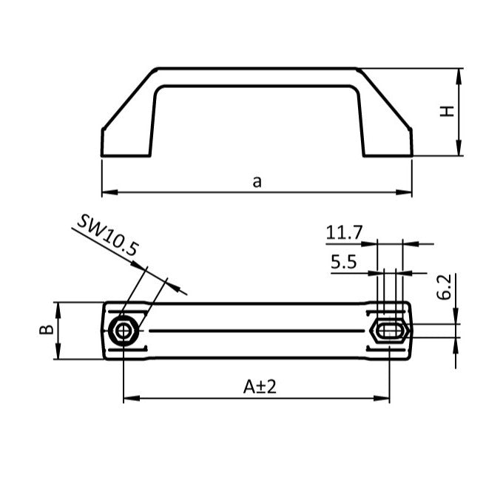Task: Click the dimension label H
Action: coord(447,112)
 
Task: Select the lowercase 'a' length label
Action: coord(257,181)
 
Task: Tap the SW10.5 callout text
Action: coord(108,236)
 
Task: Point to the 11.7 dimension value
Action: coord(345,233)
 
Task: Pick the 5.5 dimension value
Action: coord(344,261)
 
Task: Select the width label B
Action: coord(46,331)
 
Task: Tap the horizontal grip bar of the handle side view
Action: coord(257,78)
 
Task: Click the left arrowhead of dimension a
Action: coord(106,193)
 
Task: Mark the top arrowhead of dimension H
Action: coord(461,73)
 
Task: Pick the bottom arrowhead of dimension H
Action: coord(461,151)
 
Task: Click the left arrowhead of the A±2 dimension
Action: coord(127,399)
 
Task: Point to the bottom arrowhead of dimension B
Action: coord(58,356)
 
